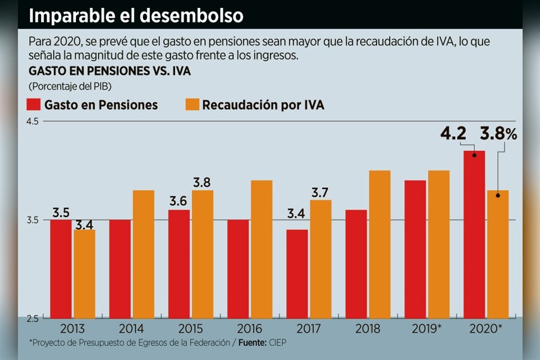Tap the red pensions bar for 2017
pos(297,274)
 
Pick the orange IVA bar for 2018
pos(380,244)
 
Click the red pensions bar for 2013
pos(61,269)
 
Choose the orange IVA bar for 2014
pos(143,254)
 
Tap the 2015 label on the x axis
pos(191,328)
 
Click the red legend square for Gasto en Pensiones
pos(34,105)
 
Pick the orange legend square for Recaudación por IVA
pos(192,105)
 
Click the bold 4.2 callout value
pos(453,134)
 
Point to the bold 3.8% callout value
pos(498,134)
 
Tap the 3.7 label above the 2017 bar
pos(321,193)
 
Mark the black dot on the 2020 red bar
pos(474,154)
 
